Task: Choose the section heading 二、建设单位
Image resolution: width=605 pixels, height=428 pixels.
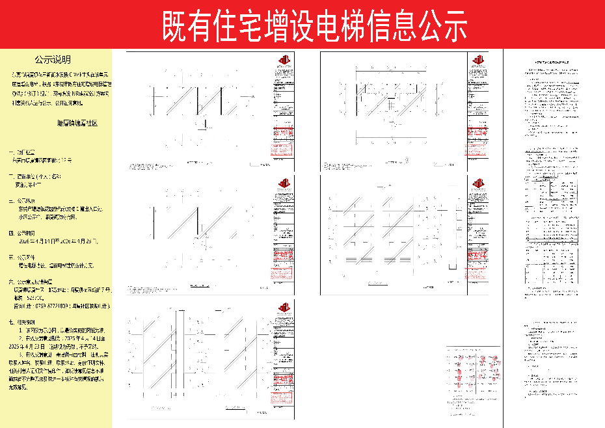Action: coord(34,176)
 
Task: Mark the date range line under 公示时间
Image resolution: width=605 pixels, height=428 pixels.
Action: coord(59,241)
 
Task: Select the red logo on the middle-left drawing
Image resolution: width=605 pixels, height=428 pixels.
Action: coord(283,184)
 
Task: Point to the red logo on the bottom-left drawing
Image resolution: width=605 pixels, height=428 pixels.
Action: coord(283,307)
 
